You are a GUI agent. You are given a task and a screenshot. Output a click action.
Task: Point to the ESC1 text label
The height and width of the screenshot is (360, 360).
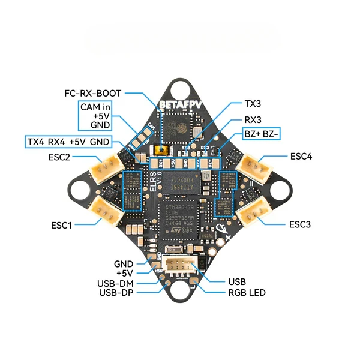pos(61,226)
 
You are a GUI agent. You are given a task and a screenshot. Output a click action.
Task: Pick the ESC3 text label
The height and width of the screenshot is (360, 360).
pos(299,224)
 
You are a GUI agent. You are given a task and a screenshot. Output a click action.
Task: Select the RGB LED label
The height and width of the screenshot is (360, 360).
pos(246,293)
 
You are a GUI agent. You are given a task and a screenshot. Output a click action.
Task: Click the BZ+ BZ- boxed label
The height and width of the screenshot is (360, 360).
pos(260,134)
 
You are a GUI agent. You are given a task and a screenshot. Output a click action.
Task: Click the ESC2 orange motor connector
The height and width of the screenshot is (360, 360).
pos(106,167)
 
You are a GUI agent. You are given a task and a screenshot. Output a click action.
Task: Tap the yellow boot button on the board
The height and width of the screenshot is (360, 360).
pos(160,150)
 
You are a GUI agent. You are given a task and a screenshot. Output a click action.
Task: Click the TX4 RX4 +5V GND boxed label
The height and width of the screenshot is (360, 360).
pos(68,142)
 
